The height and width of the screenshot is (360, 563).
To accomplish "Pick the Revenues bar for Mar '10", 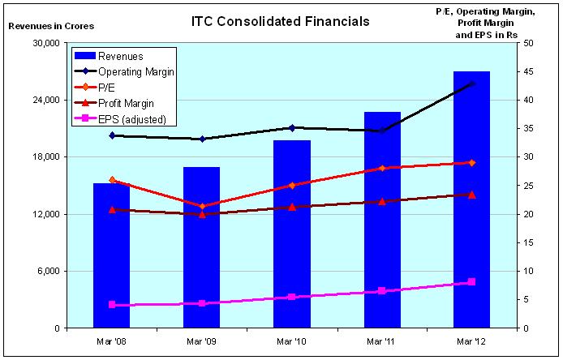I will (292, 235).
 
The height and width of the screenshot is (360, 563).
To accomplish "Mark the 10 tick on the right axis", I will (528, 271).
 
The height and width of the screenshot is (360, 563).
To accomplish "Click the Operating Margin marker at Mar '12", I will (471, 84).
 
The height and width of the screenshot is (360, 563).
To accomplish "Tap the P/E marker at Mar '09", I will (202, 206).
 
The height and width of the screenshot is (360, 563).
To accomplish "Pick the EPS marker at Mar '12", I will (471, 282).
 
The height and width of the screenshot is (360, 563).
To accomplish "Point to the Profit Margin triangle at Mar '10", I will (292, 207).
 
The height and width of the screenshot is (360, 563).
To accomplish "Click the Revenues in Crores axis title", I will (50, 26).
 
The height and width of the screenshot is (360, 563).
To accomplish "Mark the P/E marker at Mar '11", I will (381, 168).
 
